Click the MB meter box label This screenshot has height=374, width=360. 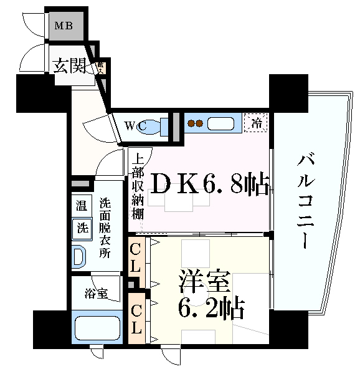[64, 26]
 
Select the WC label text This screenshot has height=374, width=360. [135, 126]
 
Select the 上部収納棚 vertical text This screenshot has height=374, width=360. [138, 186]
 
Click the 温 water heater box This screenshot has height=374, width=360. [82, 205]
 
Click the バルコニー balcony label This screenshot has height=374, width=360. [305, 199]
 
